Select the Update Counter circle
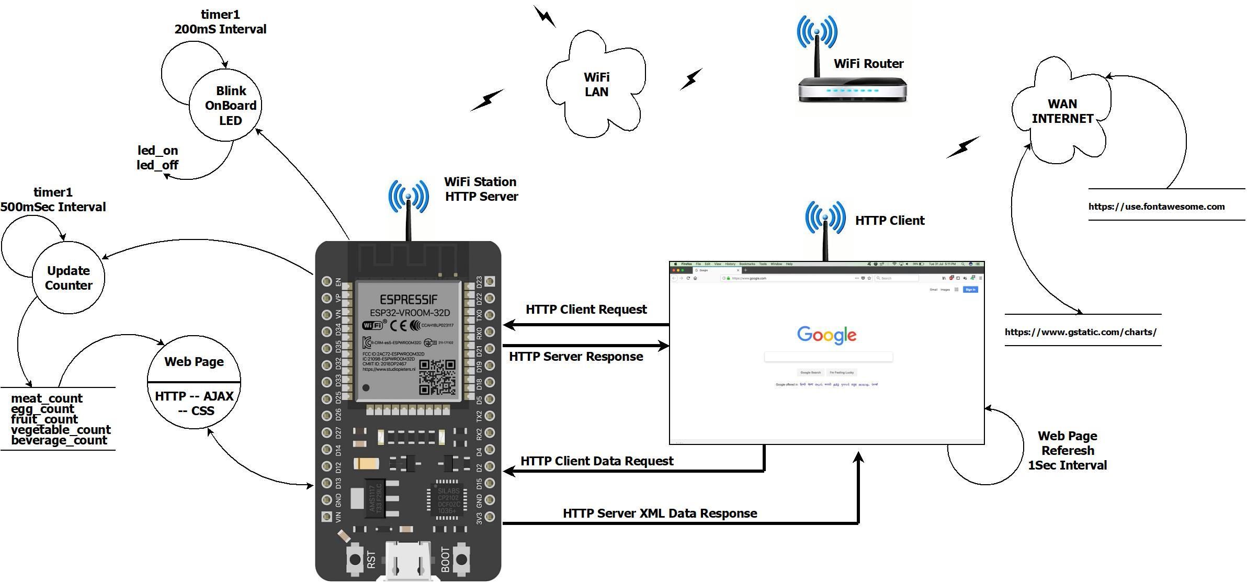[69, 278]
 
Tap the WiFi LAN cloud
[596, 84]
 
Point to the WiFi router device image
[852, 89]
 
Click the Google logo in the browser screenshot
[826, 335]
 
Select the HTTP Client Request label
[586, 309]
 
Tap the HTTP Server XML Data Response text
[660, 513]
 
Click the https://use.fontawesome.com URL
[1156, 207]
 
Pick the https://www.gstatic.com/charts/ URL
[1080, 332]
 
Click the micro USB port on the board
[408, 562]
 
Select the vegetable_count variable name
[61, 430]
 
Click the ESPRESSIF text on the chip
[409, 300]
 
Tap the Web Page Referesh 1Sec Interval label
[1067, 450]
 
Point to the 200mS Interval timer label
[220, 29]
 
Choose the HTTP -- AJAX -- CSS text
[194, 403]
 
